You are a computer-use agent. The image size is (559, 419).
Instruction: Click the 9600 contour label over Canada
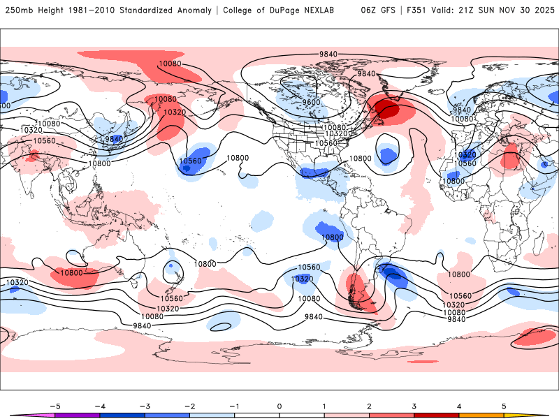311,102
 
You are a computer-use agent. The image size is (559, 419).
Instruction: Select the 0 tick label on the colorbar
279,406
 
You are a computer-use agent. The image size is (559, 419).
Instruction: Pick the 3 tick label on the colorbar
414,406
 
